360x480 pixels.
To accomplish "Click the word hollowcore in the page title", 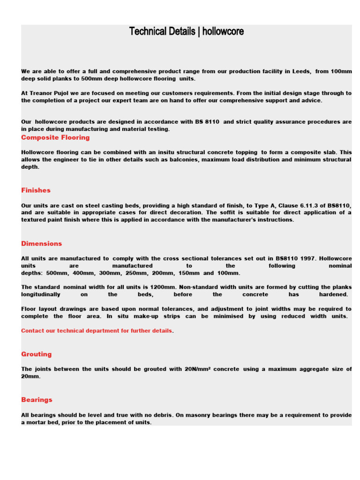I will pos(223,32).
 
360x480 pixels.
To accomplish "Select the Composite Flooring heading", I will pos(55,138).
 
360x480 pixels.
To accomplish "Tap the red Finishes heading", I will pos(36,190).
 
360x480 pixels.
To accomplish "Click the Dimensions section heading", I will pos(41,244).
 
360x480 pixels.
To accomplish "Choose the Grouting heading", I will pos(37,354).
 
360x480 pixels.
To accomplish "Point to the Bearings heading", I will pos(37,400).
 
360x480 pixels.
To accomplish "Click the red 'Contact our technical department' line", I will pos(97,331).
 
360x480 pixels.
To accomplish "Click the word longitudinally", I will pos(41,295).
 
